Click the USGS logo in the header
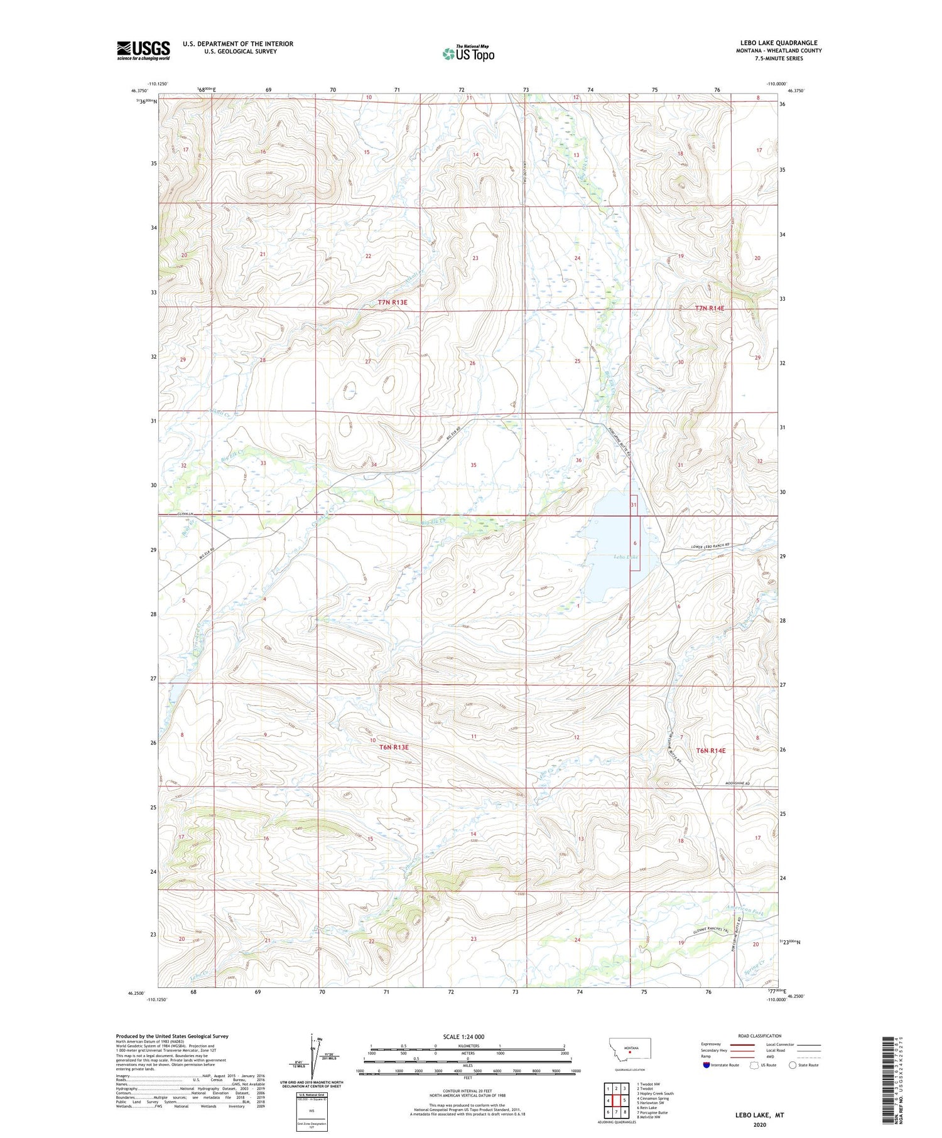pyautogui.click(x=143, y=50)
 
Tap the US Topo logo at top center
pyautogui.click(x=468, y=53)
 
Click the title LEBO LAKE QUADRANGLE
pyautogui.click(x=779, y=43)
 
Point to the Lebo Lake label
pyautogui.click(x=626, y=557)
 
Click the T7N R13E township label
pyautogui.click(x=392, y=303)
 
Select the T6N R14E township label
pyautogui.click(x=710, y=751)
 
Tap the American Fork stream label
pyautogui.click(x=745, y=912)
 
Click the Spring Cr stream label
pyautogui.click(x=753, y=972)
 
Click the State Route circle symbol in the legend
pyautogui.click(x=793, y=1065)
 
